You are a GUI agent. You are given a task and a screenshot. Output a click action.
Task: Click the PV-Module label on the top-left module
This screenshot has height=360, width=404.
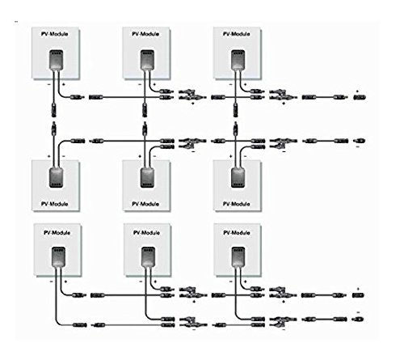tap(54, 34)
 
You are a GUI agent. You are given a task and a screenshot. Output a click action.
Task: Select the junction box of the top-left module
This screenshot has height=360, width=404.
tap(57, 60)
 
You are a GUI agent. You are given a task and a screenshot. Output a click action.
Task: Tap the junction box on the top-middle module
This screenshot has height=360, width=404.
tap(147, 60)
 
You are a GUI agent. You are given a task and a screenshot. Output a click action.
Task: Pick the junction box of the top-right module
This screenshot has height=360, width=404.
tap(238, 60)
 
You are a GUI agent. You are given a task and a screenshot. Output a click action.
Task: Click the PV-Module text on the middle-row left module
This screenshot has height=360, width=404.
tap(54, 204)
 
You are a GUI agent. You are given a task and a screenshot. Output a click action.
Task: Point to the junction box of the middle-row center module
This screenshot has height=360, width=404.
tap(147, 178)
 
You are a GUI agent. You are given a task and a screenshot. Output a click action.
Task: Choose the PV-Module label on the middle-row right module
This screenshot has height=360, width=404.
tap(237, 204)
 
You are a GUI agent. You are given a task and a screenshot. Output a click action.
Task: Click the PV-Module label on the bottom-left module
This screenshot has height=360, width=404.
tap(57, 232)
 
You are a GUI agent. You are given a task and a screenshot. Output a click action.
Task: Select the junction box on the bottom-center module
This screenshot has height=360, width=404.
tap(148, 256)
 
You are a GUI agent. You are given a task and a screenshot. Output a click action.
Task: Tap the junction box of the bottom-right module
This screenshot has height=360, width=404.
tap(238, 256)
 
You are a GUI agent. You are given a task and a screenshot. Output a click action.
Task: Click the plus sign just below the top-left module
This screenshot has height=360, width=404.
tap(64, 84)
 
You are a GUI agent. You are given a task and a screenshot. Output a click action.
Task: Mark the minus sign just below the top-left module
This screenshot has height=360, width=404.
tap(48, 84)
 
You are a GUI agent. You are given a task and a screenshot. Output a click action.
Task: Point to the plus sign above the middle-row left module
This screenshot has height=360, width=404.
tap(49, 156)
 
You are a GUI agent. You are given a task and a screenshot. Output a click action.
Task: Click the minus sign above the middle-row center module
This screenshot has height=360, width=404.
tap(154, 156)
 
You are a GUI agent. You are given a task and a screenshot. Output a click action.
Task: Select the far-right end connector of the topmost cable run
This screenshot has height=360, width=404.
tap(360, 97)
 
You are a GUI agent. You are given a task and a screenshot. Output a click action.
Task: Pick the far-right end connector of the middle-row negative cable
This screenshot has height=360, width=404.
tap(360, 141)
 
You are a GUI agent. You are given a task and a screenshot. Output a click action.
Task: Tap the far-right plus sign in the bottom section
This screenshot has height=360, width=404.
tap(358, 289)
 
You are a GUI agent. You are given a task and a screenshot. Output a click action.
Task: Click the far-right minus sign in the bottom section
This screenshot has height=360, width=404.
tap(358, 312)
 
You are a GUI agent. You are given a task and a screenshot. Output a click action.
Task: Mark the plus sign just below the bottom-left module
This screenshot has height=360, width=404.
tap(65, 282)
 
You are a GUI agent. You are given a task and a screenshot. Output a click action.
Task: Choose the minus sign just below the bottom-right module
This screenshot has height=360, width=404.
tap(231, 282)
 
